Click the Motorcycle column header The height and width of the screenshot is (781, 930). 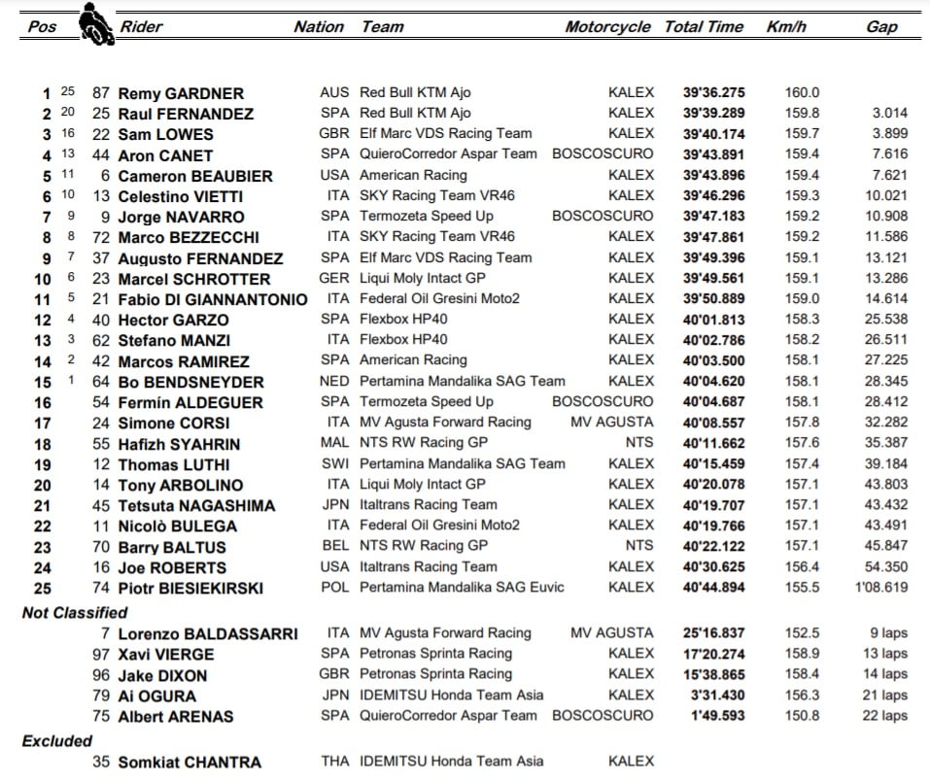click(607, 27)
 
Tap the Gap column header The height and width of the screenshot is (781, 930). click(881, 27)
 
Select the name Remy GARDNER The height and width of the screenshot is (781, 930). click(181, 93)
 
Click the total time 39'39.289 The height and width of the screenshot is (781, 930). click(713, 114)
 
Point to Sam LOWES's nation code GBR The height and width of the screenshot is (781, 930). click(334, 134)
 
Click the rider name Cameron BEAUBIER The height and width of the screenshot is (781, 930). click(194, 176)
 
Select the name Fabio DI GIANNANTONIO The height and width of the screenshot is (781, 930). click(212, 299)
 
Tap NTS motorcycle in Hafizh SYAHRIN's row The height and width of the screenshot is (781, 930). click(639, 443)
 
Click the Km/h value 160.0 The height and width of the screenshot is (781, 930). click(802, 93)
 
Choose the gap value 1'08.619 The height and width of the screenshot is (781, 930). click(880, 588)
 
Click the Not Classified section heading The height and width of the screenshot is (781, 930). click(75, 613)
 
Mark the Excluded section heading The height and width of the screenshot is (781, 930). click(57, 740)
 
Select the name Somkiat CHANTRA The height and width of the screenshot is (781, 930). click(189, 763)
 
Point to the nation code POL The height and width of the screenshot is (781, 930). click(334, 588)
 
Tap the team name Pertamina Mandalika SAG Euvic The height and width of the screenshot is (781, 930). click(462, 588)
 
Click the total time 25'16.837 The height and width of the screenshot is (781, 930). click(713, 633)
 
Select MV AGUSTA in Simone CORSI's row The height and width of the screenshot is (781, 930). click(612, 423)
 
